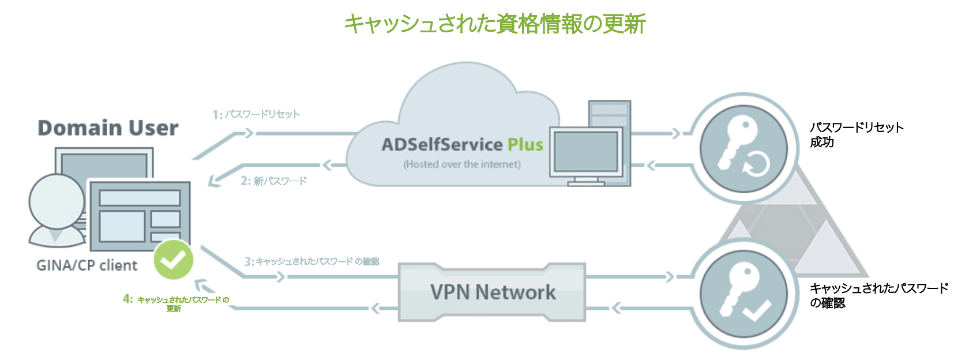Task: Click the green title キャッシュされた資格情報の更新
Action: tap(494, 24)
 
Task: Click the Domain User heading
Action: tap(108, 128)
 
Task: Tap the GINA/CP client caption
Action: tap(87, 265)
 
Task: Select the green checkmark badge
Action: tap(173, 259)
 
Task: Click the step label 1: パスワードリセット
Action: tap(257, 114)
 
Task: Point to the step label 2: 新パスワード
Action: tap(273, 181)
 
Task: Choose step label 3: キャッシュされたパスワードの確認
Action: tap(312, 261)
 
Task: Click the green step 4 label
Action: tap(176, 303)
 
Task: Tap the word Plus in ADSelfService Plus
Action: tap(525, 144)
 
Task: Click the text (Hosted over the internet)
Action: tap(462, 164)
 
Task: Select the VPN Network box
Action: tap(492, 292)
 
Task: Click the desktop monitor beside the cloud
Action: tap(586, 152)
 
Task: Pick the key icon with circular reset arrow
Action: tap(743, 148)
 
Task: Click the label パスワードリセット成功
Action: tap(856, 134)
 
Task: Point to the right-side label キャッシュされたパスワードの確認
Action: tap(878, 295)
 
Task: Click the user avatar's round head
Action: tap(57, 202)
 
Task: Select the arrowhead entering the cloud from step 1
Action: tap(248, 133)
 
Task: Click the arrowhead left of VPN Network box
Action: tap(375, 308)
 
